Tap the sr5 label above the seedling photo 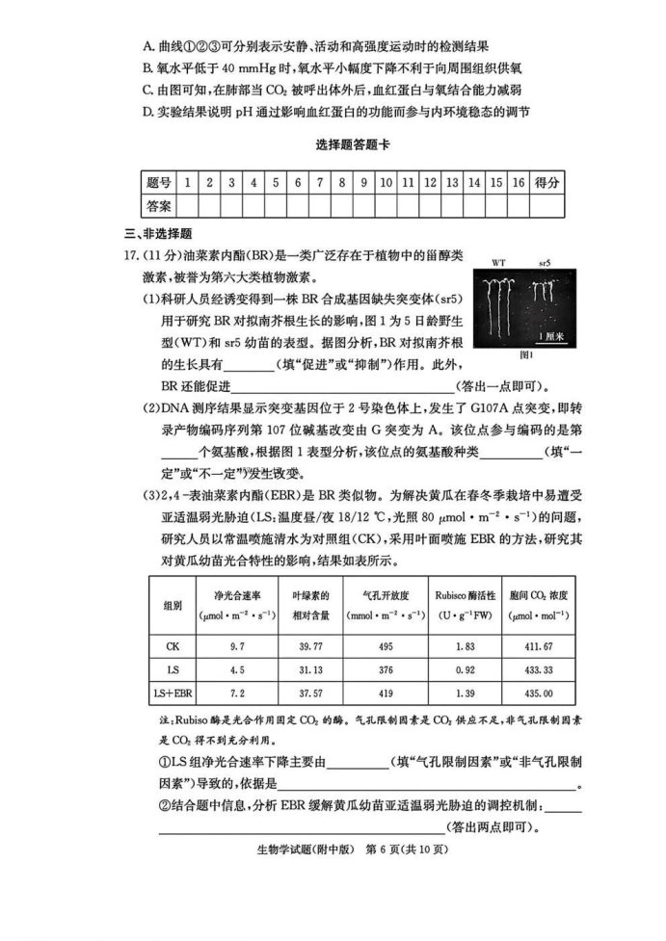coord(545,263)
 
